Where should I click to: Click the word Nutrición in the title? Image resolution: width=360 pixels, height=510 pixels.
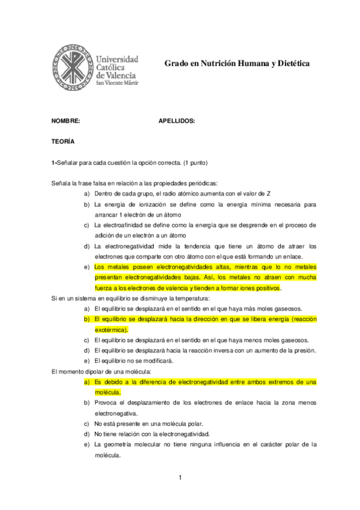pyautogui.click(x=222, y=63)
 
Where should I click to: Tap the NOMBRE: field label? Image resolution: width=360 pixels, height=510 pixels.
pyautogui.click(x=66, y=120)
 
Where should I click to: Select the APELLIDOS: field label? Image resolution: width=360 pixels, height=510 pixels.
pyautogui.click(x=177, y=120)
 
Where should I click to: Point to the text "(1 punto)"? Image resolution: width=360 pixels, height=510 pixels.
pyautogui.click(x=191, y=162)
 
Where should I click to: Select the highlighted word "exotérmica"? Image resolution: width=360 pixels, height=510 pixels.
pyautogui.click(x=111, y=330)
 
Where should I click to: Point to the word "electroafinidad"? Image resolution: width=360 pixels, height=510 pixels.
pyautogui.click(x=124, y=225)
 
